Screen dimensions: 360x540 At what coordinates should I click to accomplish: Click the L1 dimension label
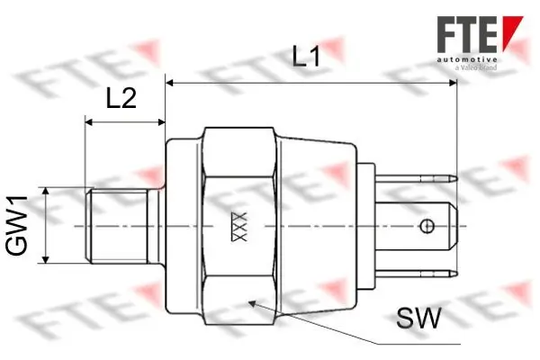pos(307,58)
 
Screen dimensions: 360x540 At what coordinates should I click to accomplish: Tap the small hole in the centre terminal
pos(436,224)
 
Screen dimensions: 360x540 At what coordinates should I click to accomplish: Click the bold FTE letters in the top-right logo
pos(466,31)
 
